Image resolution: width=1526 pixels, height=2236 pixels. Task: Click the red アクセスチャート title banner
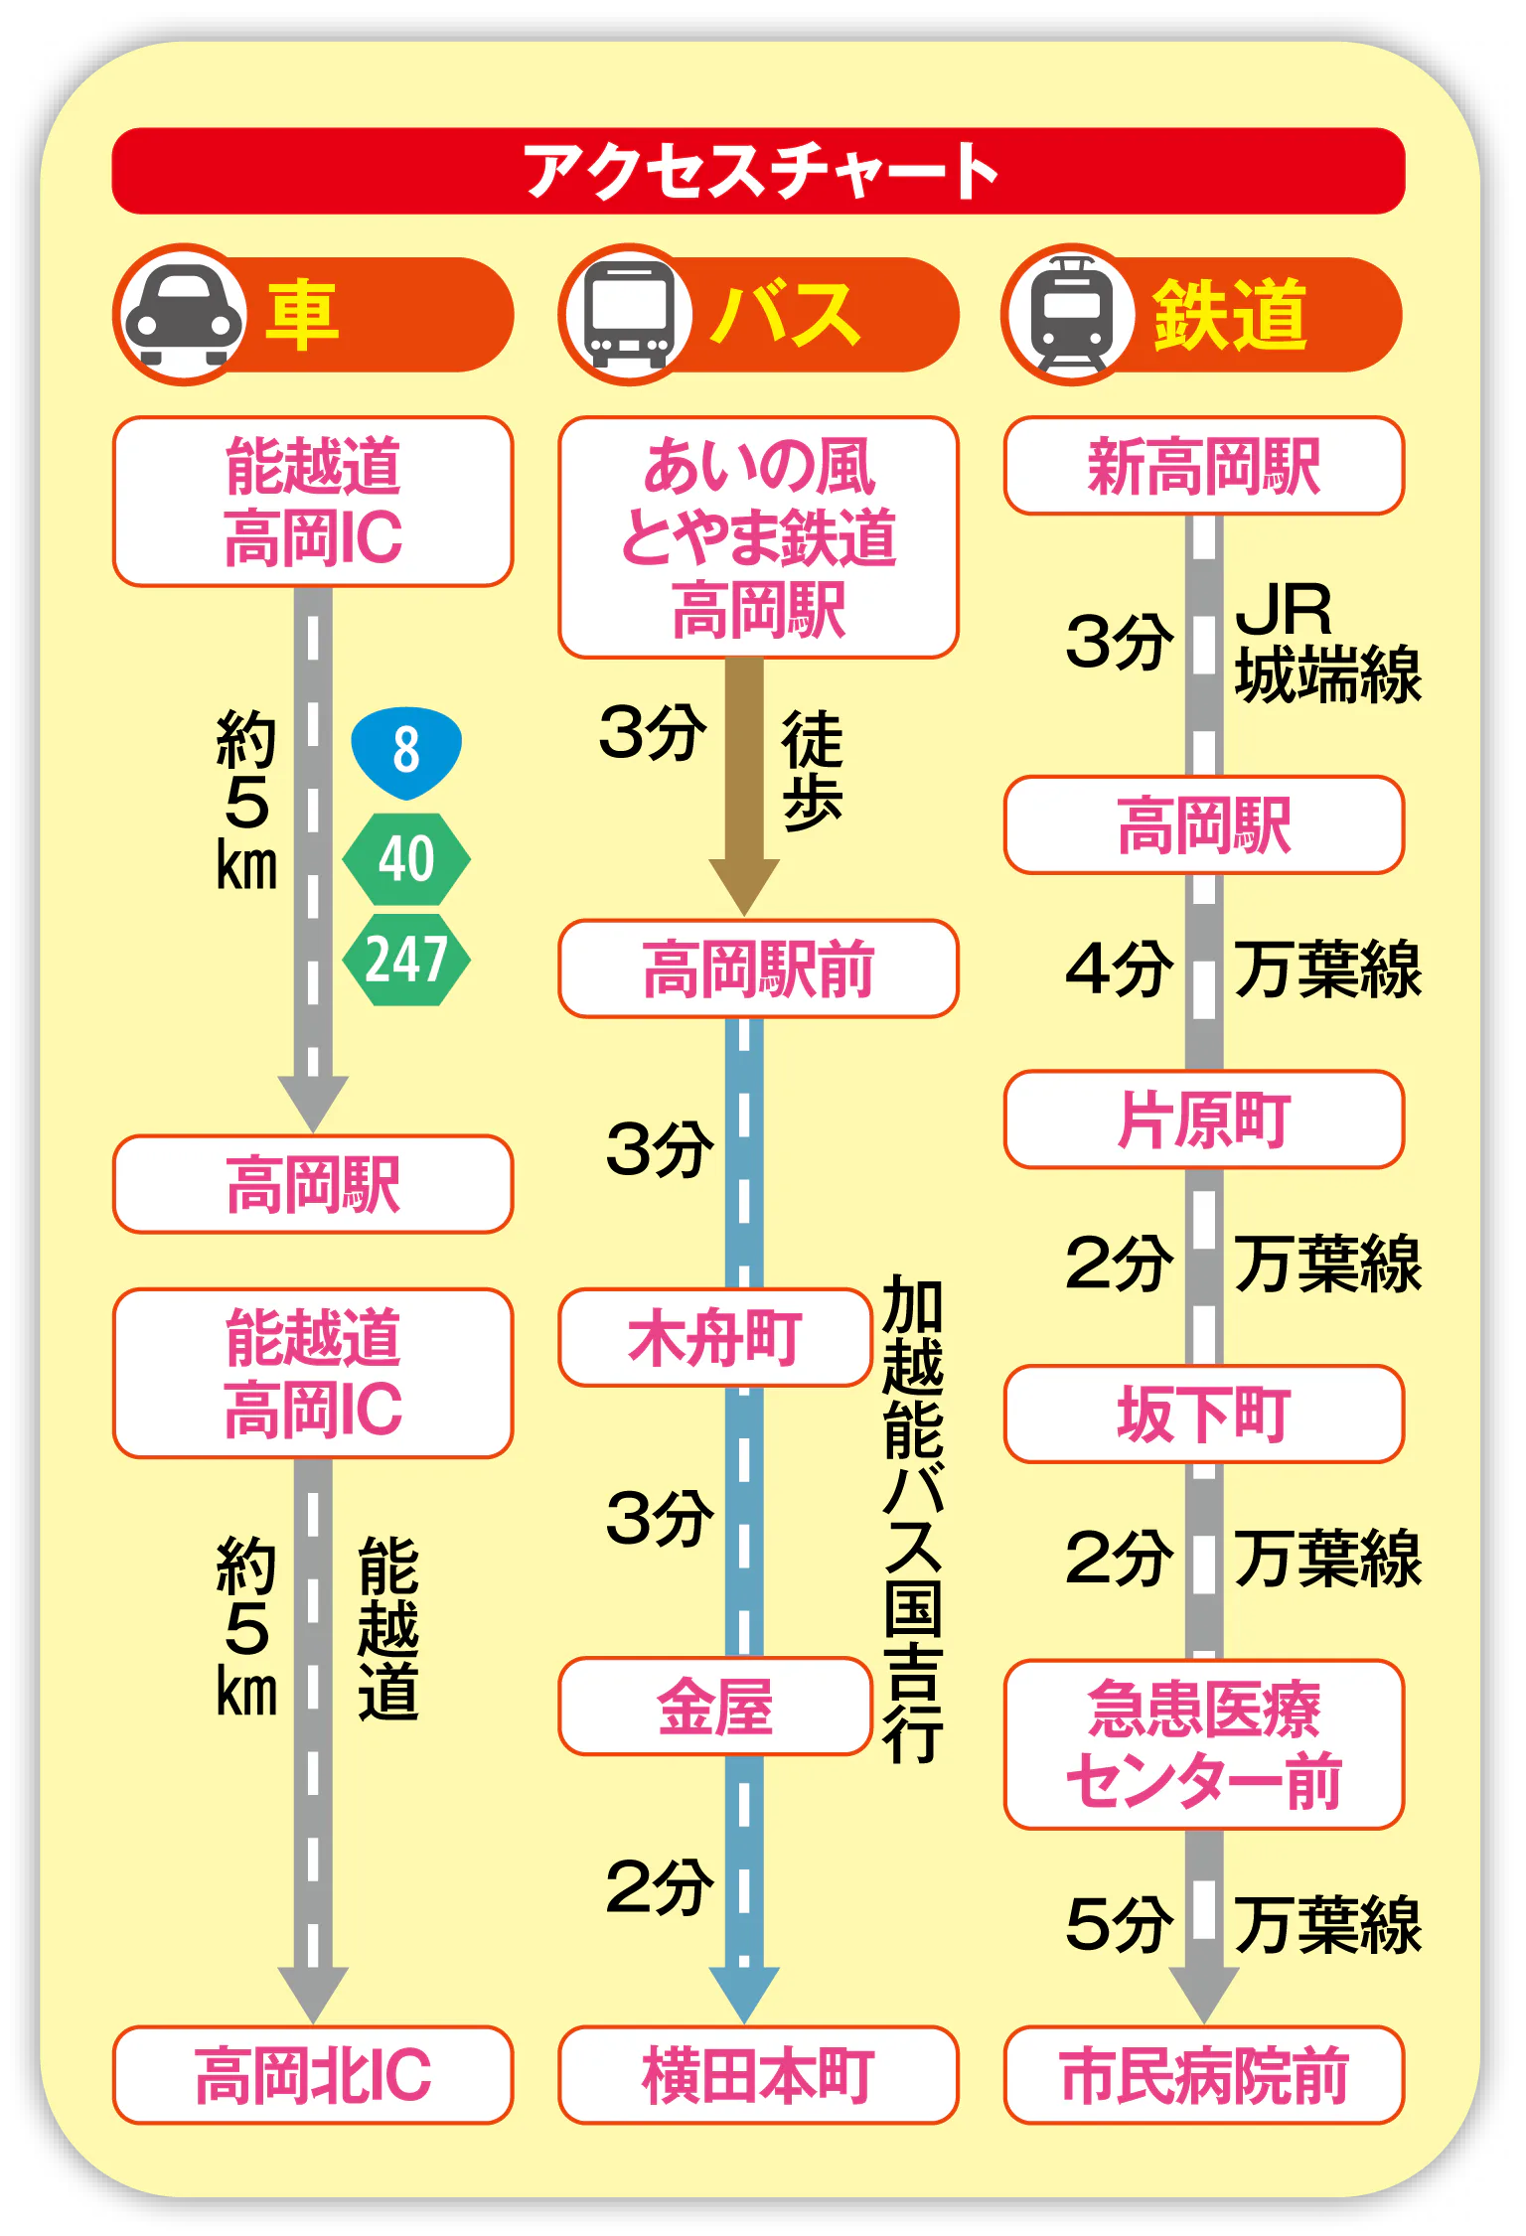[x=758, y=171]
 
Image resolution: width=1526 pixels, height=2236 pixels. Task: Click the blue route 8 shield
[x=406, y=752]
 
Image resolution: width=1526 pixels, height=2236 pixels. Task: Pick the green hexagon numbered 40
[x=406, y=859]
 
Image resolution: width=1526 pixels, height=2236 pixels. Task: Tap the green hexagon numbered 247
[x=406, y=961]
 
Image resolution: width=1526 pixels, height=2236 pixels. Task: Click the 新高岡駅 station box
[x=1204, y=466]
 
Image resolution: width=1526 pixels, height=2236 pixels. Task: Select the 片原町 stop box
[x=1204, y=1119]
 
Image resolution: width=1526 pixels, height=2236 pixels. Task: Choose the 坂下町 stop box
[x=1204, y=1415]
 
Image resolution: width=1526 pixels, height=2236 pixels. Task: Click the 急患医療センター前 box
[x=1204, y=1744]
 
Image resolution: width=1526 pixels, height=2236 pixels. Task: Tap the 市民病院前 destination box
[x=1204, y=2075]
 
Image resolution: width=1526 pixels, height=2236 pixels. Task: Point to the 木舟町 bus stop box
[x=715, y=1337]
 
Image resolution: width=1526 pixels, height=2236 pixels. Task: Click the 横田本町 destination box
[x=758, y=2075]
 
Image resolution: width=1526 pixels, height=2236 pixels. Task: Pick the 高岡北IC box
[x=313, y=2075]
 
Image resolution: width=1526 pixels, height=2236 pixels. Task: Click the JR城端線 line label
[x=1327, y=643]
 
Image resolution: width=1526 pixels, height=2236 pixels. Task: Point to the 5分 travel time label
[x=1119, y=1924]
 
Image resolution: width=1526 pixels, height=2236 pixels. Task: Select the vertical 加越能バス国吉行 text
[x=913, y=1519]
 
